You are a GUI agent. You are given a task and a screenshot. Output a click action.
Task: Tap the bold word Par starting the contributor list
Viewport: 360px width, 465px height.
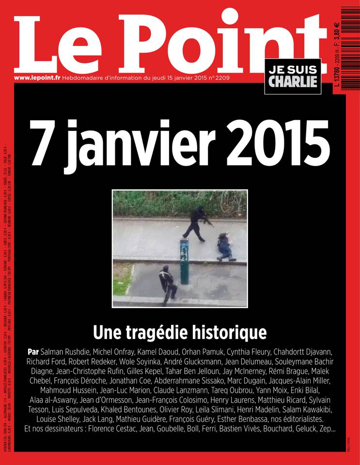pyautogui.click(x=34, y=351)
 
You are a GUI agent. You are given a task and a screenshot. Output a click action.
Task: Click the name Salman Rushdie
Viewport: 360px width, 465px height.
pyautogui.click(x=69, y=351)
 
